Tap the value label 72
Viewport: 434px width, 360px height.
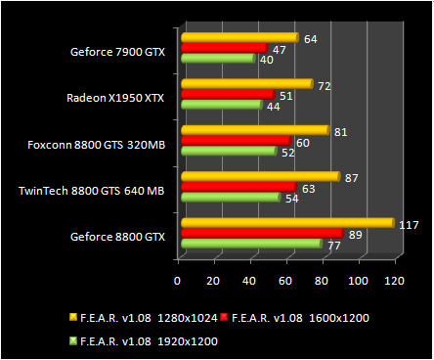(324, 86)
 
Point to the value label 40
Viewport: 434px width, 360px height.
(266, 59)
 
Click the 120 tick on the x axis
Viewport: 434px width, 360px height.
(395, 282)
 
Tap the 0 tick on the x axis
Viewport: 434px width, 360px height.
(177, 282)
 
